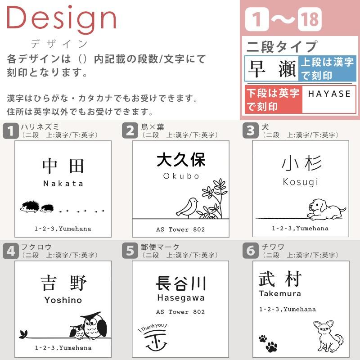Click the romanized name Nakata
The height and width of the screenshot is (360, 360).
[x=63, y=183]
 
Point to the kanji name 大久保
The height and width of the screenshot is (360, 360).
[x=181, y=160]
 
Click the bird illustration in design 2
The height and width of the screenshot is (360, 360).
[x=187, y=207]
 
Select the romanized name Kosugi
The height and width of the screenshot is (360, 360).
[x=301, y=181]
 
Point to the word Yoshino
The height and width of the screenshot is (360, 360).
[x=63, y=300]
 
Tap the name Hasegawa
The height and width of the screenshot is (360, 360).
[x=180, y=297]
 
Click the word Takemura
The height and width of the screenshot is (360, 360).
[x=280, y=293]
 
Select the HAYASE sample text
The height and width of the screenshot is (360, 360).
[x=329, y=94]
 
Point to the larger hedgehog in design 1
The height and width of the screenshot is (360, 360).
[x=29, y=207]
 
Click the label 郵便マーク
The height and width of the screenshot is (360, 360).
[x=160, y=247]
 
